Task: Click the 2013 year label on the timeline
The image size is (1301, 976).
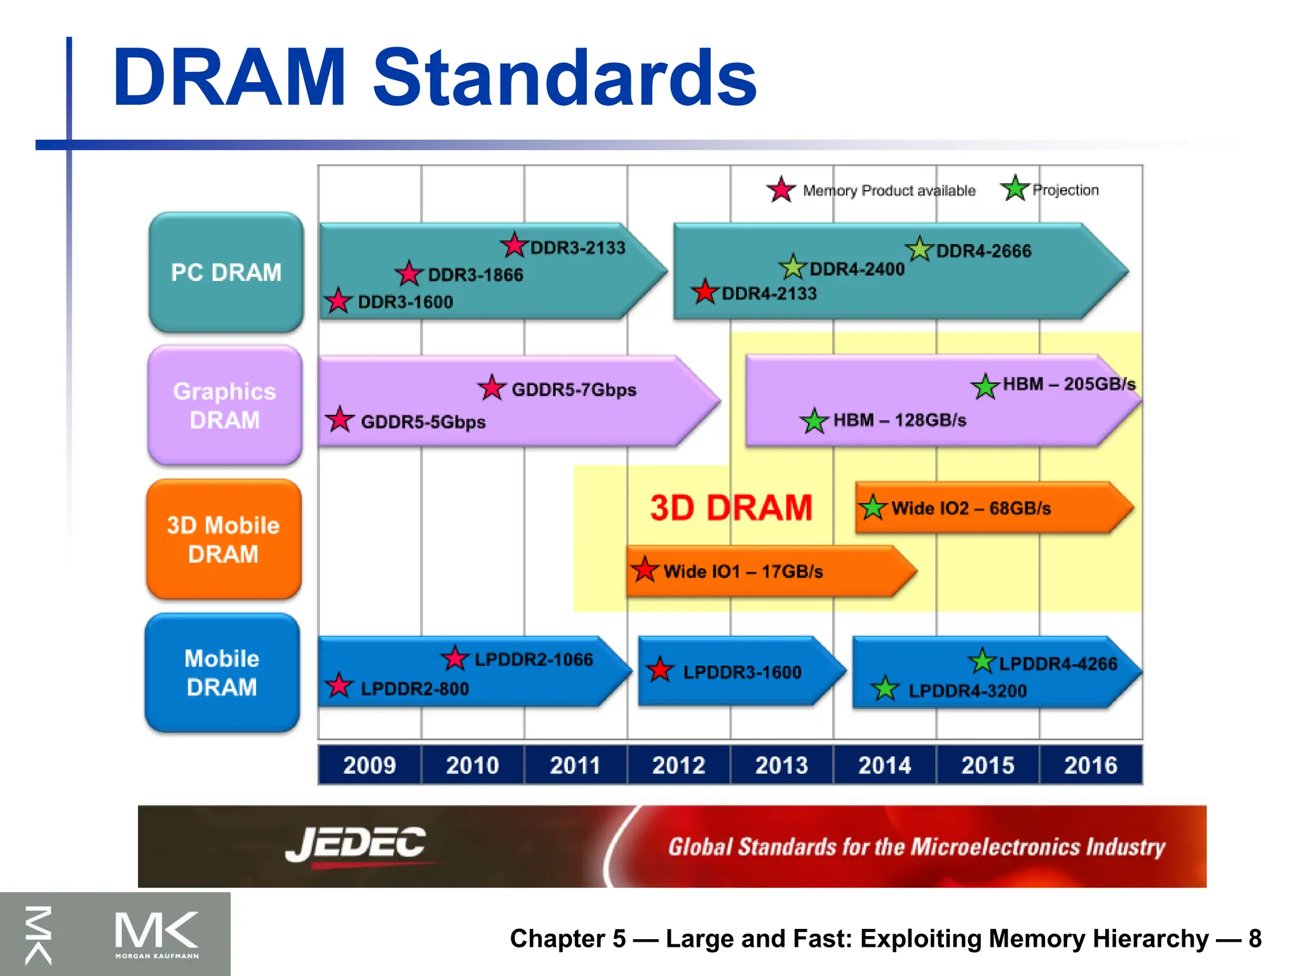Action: tap(781, 765)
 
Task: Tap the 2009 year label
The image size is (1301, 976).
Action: tap(369, 765)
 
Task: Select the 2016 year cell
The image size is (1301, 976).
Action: tap(1091, 765)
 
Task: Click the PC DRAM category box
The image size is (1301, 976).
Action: tap(226, 273)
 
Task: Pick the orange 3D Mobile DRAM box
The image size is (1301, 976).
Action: tap(224, 539)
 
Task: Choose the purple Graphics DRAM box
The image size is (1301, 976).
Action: tap(224, 405)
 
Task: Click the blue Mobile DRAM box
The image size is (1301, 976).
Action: tap(222, 673)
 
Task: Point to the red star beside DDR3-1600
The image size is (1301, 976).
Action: tap(338, 301)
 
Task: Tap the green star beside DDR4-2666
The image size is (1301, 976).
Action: tap(919, 249)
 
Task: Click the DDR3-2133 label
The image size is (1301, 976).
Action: tap(577, 248)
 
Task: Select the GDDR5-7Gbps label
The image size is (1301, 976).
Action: tap(574, 390)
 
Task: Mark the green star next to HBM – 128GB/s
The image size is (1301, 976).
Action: tap(814, 421)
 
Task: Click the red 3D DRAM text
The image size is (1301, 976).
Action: tap(731, 508)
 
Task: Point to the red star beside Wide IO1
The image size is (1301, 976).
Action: tap(645, 570)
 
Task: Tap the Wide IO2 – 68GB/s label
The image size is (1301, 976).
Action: tap(971, 508)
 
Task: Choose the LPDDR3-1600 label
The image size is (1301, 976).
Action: tap(742, 672)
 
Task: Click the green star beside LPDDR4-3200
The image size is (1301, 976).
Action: tap(885, 689)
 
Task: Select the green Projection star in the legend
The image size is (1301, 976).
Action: tap(1015, 188)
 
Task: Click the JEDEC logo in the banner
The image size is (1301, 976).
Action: tap(356, 844)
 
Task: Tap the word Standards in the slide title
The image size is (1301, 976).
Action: tap(564, 78)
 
